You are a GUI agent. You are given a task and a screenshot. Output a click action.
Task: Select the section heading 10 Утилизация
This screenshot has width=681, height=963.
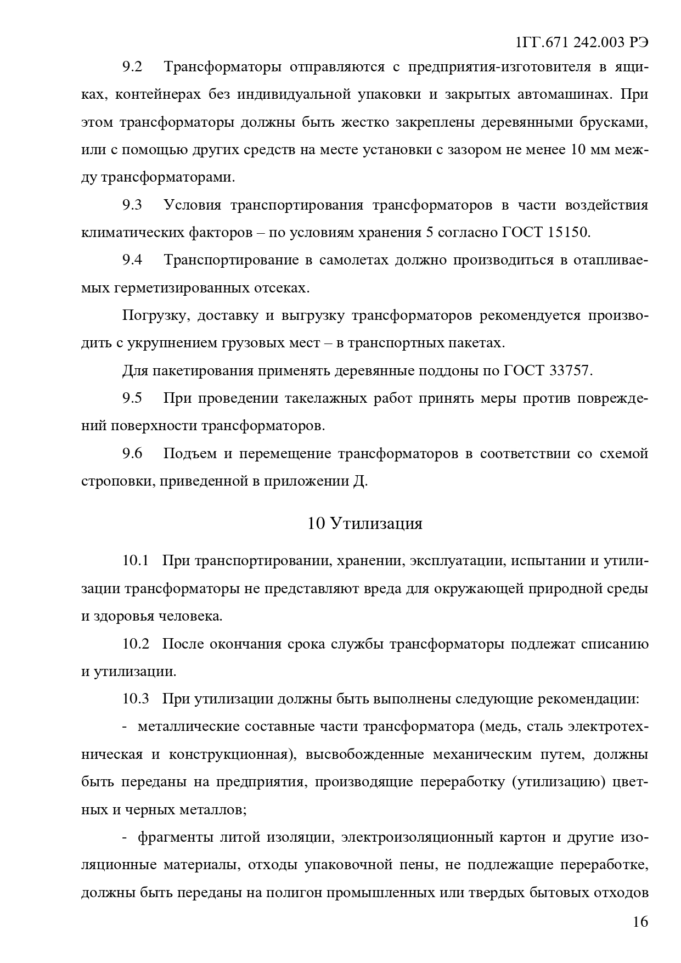point(365,523)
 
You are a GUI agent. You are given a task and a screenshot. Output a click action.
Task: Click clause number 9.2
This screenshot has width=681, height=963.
point(132,67)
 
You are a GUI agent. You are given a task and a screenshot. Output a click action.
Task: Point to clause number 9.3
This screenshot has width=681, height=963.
point(132,205)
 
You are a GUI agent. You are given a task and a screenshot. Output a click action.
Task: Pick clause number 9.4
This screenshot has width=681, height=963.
point(132,260)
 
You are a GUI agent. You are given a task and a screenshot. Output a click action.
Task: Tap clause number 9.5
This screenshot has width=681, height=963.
point(132,398)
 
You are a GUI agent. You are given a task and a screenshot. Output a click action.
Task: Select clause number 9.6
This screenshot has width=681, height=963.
point(132,454)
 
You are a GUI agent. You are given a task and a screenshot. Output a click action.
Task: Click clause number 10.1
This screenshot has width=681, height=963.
point(136,561)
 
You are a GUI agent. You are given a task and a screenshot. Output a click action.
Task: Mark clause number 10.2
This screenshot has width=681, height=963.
point(136,644)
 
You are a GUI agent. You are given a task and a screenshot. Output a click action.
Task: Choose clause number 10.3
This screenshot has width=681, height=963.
point(136,699)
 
